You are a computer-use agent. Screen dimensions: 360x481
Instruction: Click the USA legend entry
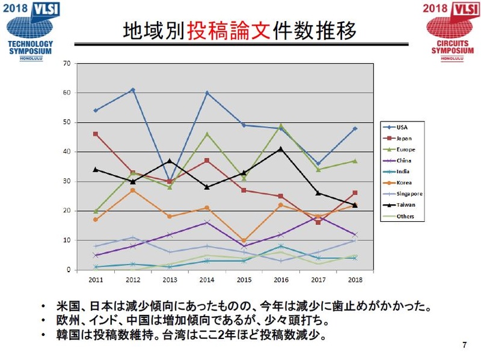[x=398, y=127]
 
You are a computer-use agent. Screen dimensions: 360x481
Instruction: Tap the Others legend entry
[x=398, y=216]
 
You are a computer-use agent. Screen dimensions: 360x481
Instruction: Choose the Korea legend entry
[x=398, y=183]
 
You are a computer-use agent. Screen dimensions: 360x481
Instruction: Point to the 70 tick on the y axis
[x=67, y=63]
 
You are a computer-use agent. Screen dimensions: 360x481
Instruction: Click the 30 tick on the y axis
[x=67, y=181]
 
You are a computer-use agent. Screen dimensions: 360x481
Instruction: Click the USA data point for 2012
[x=133, y=90]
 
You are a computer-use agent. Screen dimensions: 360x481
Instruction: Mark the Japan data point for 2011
[x=96, y=134]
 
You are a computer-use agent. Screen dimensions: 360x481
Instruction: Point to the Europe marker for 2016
[x=281, y=126]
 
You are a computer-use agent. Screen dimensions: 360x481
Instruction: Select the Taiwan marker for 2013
[x=170, y=160]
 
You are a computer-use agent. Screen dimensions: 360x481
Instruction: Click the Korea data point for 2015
[x=244, y=240]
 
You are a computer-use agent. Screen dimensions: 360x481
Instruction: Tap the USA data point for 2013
[x=170, y=181]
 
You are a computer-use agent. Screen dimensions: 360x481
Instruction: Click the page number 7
[x=464, y=344]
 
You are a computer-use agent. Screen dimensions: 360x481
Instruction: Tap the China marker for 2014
[x=207, y=222]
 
